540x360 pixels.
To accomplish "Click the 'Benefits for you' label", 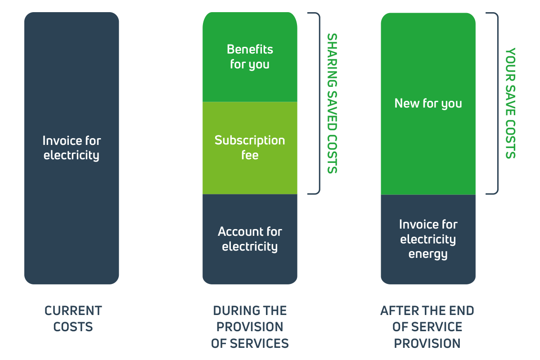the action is (250, 57).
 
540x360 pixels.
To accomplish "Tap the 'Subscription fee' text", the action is (250, 147).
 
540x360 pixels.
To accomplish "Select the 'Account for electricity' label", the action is (250, 239).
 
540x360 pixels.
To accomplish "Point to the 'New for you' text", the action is (428, 103).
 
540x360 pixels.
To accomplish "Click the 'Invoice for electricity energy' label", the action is (428, 239).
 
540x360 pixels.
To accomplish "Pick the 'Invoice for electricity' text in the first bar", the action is (72, 148).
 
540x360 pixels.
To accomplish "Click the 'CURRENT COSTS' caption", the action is (73, 319).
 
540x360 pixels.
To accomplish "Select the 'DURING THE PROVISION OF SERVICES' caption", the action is (250, 327).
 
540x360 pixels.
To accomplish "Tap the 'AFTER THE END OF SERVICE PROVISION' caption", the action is (427, 327).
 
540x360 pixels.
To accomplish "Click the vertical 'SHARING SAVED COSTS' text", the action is (332, 103).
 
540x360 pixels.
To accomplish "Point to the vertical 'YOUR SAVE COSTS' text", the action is (510, 103).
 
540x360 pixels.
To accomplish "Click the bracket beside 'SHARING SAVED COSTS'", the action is (319, 103).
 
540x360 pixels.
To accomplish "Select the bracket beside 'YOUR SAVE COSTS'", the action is (498, 103).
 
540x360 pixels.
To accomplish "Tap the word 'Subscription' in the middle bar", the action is (250, 141).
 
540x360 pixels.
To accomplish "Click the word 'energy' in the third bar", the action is (428, 254).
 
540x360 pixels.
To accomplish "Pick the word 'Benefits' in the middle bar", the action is (250, 49).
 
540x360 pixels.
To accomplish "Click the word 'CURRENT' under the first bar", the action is (73, 310).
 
